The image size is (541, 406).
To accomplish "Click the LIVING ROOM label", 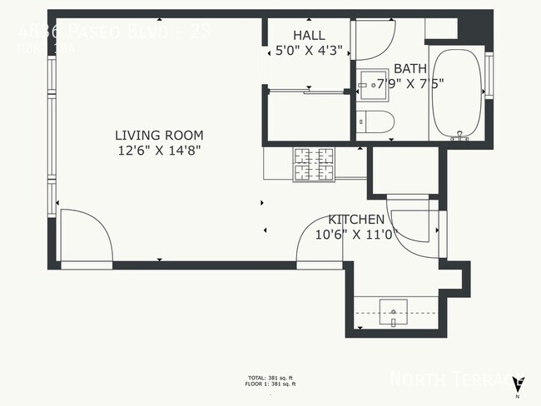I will tap(158, 136).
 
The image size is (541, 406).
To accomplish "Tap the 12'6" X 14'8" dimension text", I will tap(158, 151).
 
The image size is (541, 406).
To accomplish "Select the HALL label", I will tap(308, 35).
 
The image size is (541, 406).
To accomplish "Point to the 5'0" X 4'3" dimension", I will tap(308, 50).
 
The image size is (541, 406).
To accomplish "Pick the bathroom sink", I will tap(370, 83).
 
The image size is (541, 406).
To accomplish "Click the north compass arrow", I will tap(519, 384).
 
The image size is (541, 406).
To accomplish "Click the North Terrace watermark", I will tap(449, 379).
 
